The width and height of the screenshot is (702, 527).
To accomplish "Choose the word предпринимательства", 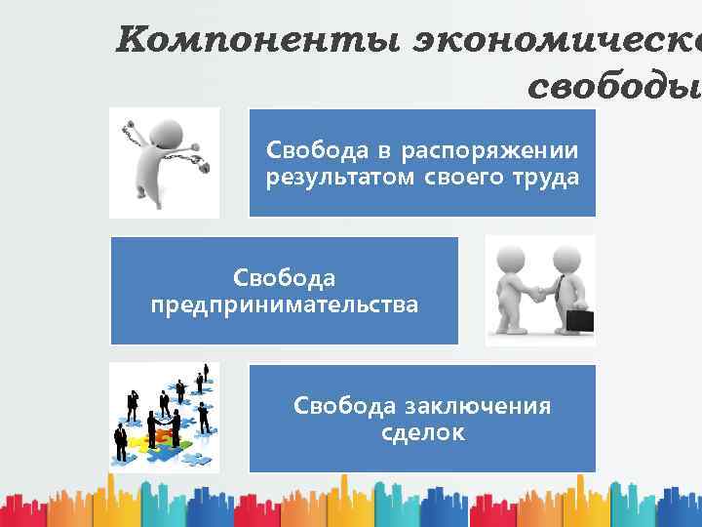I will pyautogui.click(x=284, y=304).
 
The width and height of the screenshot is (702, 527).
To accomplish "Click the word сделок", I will pyautogui.click(x=422, y=431).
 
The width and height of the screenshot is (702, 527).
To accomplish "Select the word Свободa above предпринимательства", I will pyautogui.click(x=284, y=278).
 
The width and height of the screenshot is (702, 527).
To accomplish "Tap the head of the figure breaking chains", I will pyautogui.click(x=173, y=130).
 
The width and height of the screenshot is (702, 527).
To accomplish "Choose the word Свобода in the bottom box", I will pyautogui.click(x=341, y=406).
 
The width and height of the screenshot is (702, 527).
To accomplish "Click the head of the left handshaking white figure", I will pyautogui.click(x=513, y=258).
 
